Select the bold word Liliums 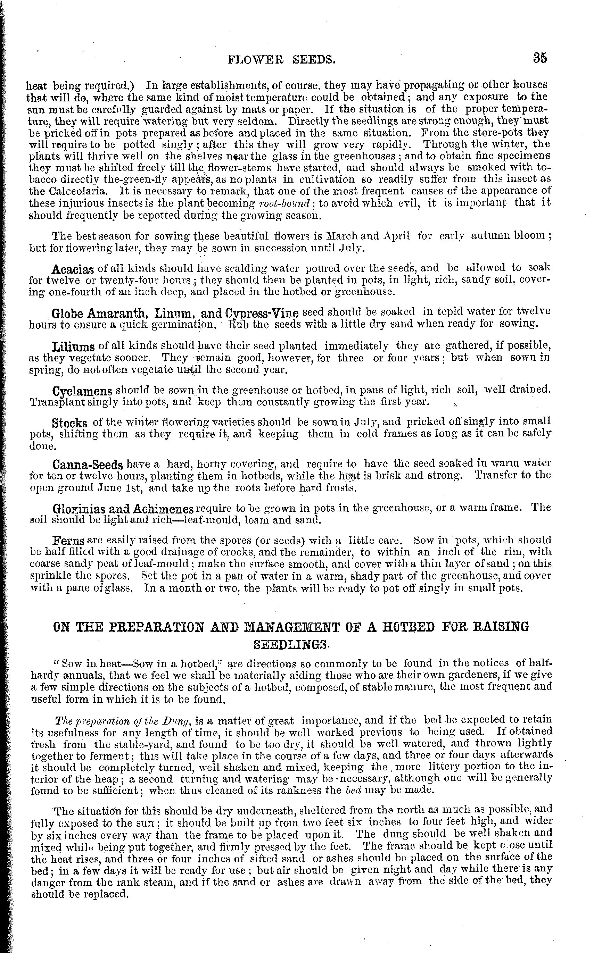click(73, 347)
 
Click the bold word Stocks click(69, 423)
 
